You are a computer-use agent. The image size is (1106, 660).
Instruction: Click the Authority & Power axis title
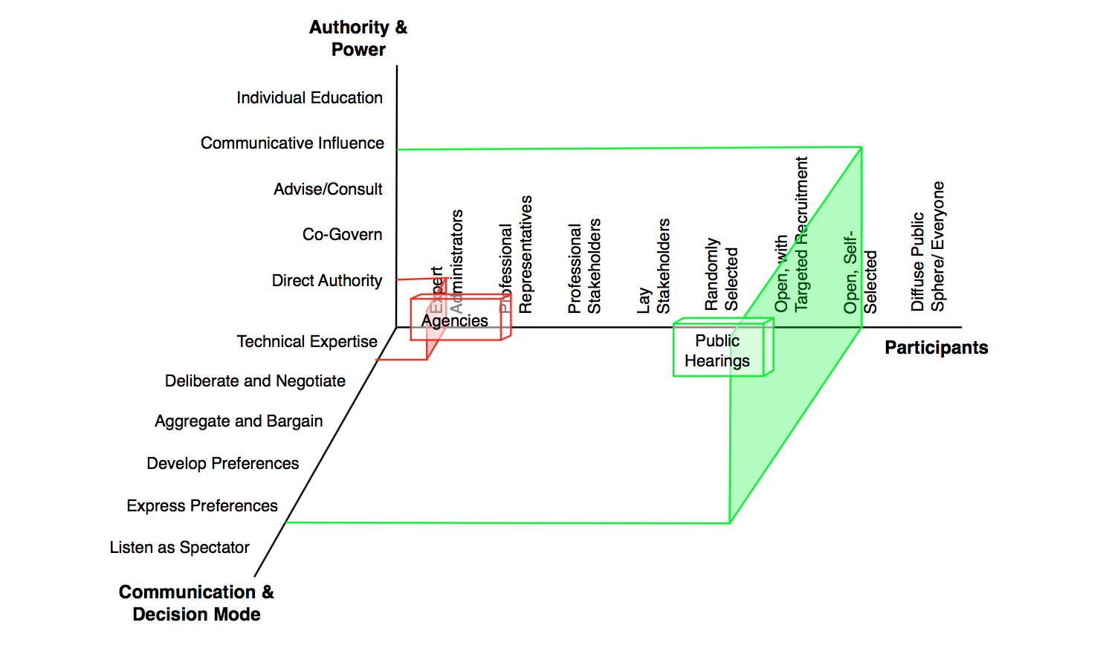click(x=358, y=39)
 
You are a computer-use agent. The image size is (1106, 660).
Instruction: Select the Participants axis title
click(x=936, y=348)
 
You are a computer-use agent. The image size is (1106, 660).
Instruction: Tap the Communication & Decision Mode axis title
click(x=196, y=603)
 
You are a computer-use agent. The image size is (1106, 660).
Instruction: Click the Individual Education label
click(x=309, y=98)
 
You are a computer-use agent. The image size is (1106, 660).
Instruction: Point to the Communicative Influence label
click(x=292, y=143)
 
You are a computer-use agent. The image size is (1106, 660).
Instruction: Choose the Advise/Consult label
click(x=328, y=190)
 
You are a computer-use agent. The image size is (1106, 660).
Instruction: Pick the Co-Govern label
click(x=342, y=235)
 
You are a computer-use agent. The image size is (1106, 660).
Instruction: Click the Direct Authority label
click(x=326, y=281)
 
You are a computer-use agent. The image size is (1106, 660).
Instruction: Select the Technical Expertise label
click(x=307, y=342)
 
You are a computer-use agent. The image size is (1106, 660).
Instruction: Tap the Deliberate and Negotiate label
click(x=255, y=381)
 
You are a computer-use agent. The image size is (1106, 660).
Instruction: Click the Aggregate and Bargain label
click(x=239, y=421)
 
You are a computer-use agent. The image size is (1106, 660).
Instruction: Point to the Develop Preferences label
click(x=222, y=464)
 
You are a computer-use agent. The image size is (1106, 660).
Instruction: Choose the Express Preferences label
click(x=202, y=506)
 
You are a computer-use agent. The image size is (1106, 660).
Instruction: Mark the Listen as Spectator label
click(x=179, y=548)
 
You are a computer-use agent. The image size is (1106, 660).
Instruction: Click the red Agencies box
click(x=456, y=320)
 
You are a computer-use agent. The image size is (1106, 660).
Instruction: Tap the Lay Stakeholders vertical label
click(x=654, y=266)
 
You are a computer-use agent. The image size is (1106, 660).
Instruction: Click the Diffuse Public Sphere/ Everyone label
click(x=928, y=247)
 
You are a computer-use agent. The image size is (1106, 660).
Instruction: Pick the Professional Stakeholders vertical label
click(x=584, y=266)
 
